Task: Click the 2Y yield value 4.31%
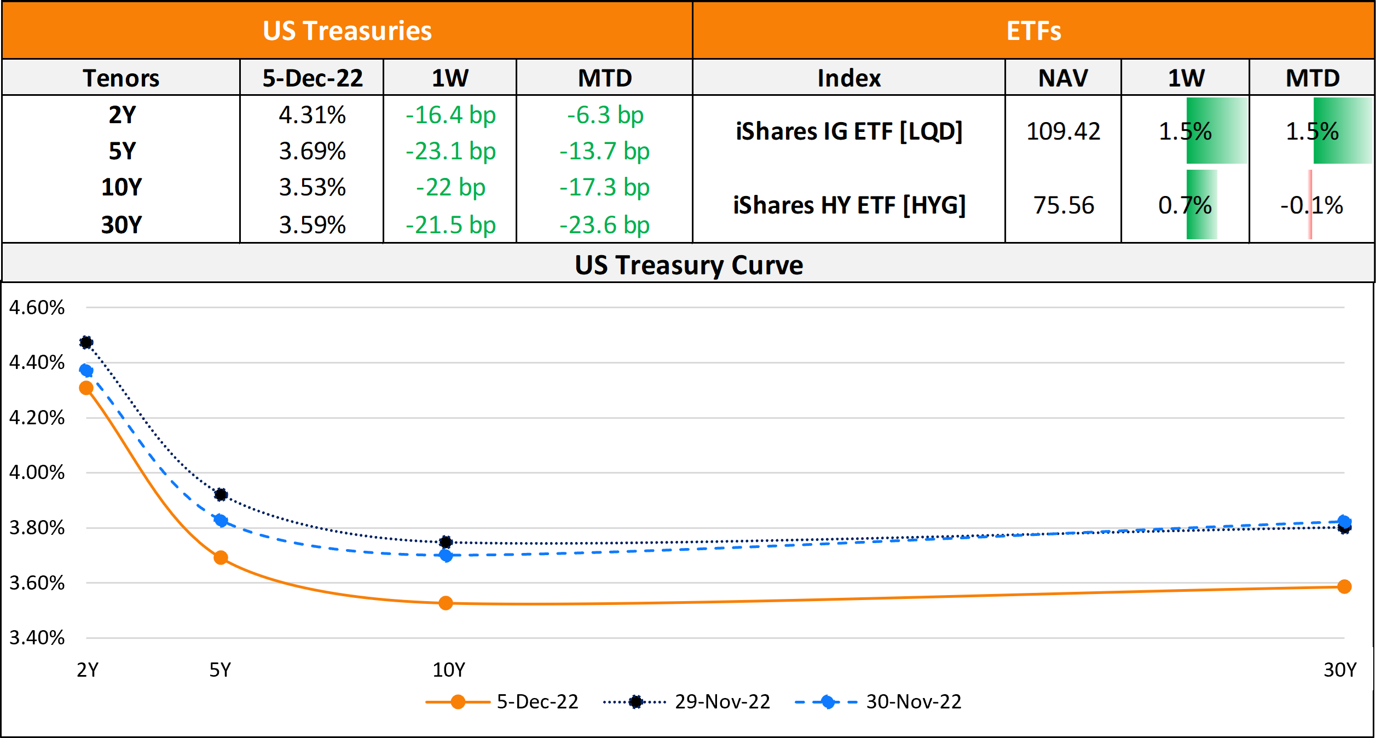[x=312, y=115]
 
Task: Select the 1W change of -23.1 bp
[x=450, y=151]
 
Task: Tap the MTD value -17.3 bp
[x=604, y=187]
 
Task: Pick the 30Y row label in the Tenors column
[x=122, y=224]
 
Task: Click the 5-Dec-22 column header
[x=313, y=78]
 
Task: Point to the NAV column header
[x=1063, y=78]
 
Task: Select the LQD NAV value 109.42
[x=1063, y=131]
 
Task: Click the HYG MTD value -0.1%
[x=1311, y=205]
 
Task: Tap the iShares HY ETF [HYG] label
[x=849, y=205]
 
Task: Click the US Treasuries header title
[x=347, y=31]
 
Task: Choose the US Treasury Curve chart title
[x=689, y=265]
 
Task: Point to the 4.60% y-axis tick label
[x=37, y=307]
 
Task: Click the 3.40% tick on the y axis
[x=37, y=637]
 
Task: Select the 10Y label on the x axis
[x=449, y=670]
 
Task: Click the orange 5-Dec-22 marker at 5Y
[x=221, y=558]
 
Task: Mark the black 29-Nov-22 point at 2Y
[x=86, y=343]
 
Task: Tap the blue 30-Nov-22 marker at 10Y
[x=446, y=556]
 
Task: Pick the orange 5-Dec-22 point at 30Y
[x=1344, y=586]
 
